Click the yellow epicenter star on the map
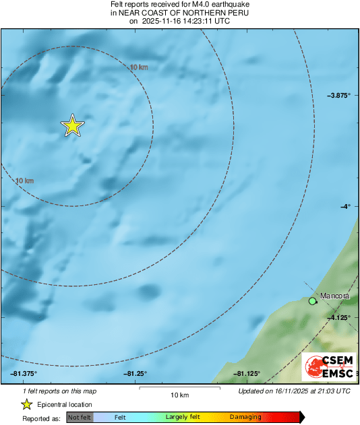coord(72,126)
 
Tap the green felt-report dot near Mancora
coord(312,301)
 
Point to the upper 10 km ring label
coord(139,67)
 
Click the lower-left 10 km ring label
coord(24,181)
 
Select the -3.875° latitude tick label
coord(338,96)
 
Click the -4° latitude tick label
coord(344,207)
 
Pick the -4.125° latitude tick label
coord(339,317)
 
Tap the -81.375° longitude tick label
coord(24,373)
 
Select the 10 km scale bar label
coord(179,394)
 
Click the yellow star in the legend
coord(26,404)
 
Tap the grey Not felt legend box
coord(78,417)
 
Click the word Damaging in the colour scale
coord(245,417)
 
